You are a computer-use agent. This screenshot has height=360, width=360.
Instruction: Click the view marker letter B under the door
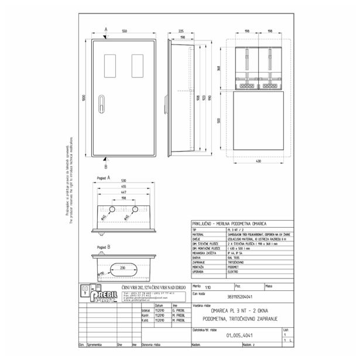coord(106,166)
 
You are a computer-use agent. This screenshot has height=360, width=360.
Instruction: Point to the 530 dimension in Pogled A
coord(125,180)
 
